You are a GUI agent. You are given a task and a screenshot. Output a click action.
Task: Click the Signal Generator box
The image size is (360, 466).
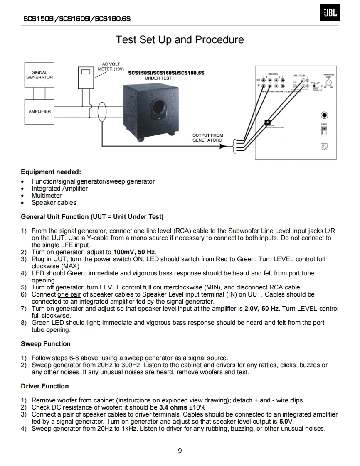(x=39, y=75)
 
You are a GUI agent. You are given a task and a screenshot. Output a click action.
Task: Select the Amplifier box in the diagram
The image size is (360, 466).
(x=39, y=111)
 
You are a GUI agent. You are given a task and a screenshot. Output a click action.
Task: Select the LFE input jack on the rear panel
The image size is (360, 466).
(x=295, y=86)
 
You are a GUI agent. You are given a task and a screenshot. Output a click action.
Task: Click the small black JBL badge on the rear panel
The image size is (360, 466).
(x=268, y=123)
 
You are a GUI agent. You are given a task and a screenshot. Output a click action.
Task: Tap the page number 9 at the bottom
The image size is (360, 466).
(x=180, y=451)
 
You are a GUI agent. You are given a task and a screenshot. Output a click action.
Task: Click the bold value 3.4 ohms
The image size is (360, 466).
(x=173, y=407)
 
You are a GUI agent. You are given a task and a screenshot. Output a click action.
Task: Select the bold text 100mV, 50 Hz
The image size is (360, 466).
(x=134, y=252)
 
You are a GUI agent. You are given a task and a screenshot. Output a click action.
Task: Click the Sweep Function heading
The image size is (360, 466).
(x=46, y=344)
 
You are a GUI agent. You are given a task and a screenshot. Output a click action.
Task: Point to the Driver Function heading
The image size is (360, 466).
(x=45, y=386)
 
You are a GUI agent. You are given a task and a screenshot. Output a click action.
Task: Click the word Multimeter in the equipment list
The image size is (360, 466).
(x=47, y=196)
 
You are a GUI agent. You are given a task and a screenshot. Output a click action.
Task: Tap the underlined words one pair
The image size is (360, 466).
(x=69, y=294)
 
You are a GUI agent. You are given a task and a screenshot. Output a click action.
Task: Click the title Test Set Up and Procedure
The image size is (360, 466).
(x=180, y=40)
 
